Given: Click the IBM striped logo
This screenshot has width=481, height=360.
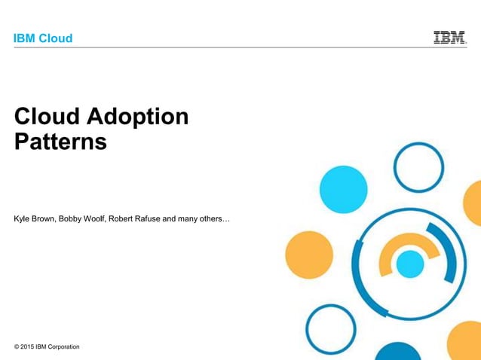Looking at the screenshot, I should (449, 37).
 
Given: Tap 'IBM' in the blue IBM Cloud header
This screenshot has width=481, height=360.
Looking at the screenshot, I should (25, 38).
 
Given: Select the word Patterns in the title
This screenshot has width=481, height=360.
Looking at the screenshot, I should (60, 142).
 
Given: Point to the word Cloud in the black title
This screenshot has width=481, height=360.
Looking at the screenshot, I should (46, 117).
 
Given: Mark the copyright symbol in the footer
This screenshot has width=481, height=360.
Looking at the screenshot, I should (17, 346).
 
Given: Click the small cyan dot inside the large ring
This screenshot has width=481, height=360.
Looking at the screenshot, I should (410, 264).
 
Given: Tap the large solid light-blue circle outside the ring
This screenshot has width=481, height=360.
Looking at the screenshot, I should (342, 188).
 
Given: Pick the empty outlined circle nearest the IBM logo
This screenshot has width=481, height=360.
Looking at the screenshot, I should (418, 166).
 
